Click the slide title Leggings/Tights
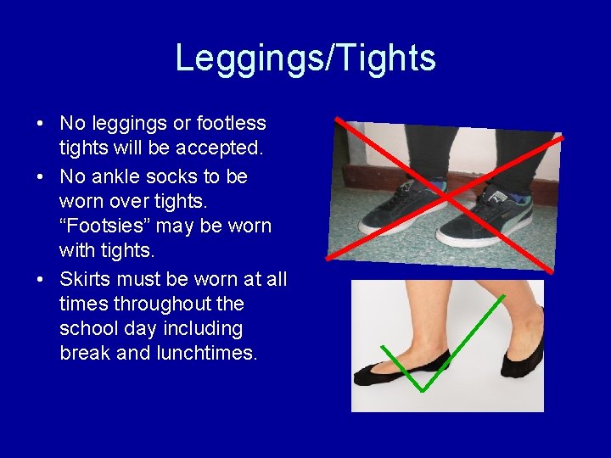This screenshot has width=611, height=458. [305, 58]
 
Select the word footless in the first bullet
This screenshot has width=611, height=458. [232, 124]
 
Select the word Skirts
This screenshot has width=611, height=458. [87, 279]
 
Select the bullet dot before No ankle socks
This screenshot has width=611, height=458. [41, 177]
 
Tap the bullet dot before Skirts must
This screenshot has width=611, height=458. [41, 280]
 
